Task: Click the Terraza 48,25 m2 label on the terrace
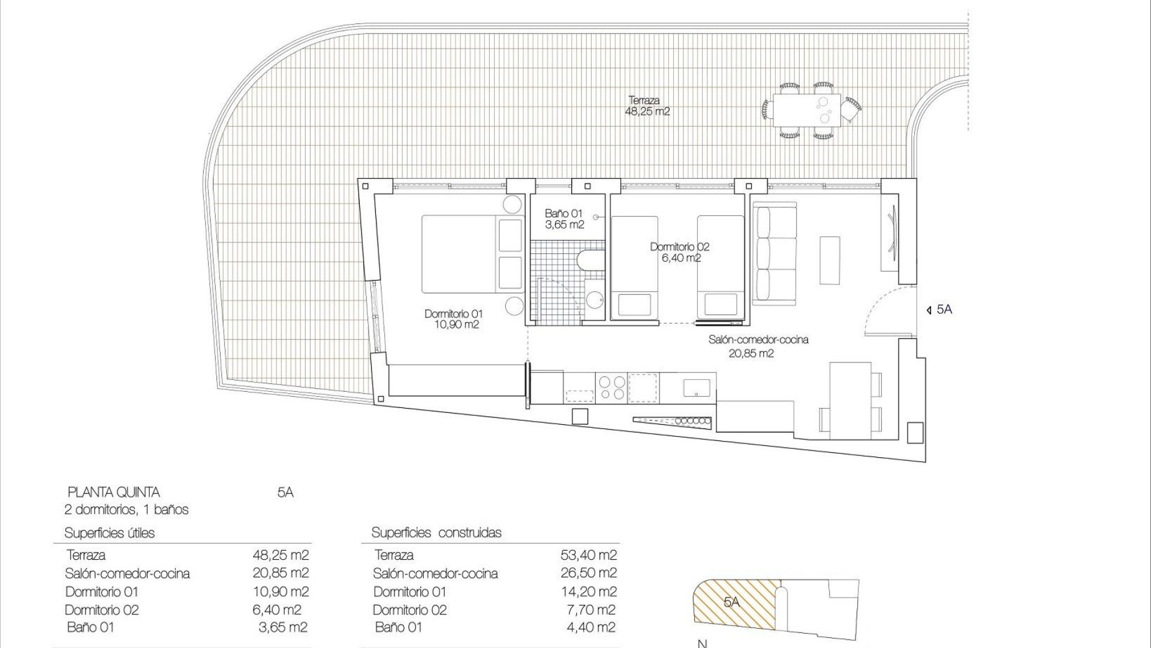(x=647, y=106)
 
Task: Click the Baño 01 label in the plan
(x=564, y=219)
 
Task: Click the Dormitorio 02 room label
(x=679, y=252)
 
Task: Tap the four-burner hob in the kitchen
(x=611, y=387)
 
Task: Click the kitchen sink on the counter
(x=698, y=387)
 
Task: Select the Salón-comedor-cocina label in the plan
(x=758, y=346)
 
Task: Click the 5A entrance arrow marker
(x=939, y=310)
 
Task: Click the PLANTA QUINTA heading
(x=113, y=493)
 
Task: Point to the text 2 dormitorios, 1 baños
(x=126, y=510)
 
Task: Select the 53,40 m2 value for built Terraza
(x=588, y=556)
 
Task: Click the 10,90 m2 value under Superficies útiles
(x=281, y=592)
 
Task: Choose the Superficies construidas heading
(x=436, y=533)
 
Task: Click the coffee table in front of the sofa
(x=830, y=260)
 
